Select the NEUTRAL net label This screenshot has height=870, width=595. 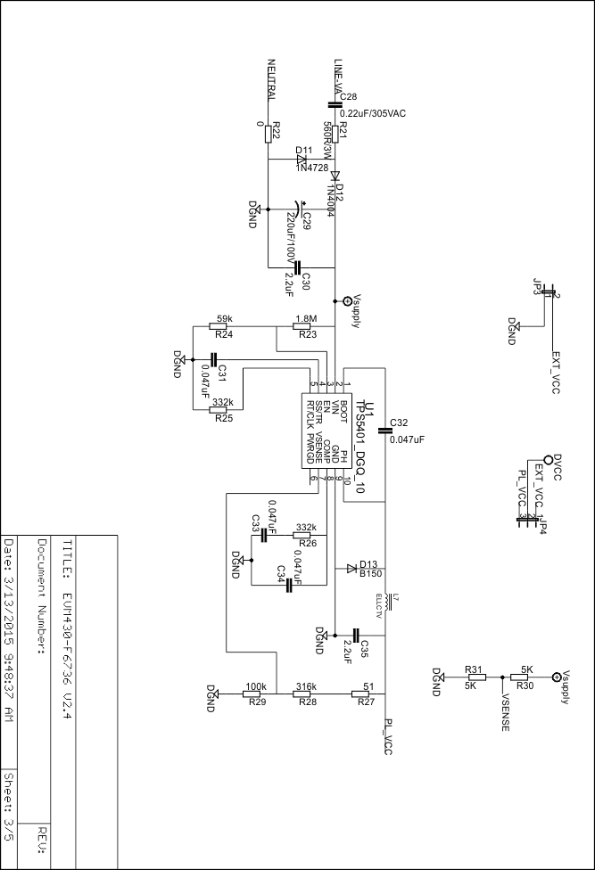[x=272, y=79]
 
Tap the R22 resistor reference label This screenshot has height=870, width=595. [x=277, y=131]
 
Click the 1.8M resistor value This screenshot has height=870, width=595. [x=306, y=319]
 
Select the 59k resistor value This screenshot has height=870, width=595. [x=226, y=319]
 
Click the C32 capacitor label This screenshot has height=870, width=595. [x=399, y=423]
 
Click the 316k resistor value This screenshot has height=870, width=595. [x=305, y=686]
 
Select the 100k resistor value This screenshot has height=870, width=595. [x=256, y=686]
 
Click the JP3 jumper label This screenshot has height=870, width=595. [x=537, y=287]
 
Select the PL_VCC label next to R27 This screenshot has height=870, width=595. [x=388, y=737]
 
